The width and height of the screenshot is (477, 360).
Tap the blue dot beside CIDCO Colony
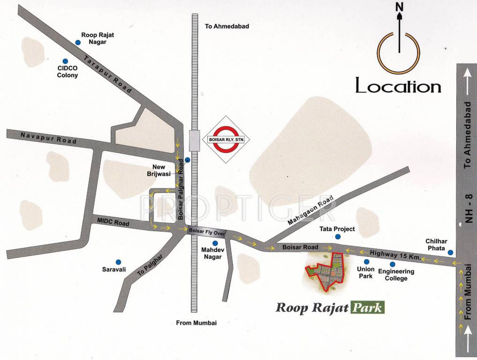click(x=66, y=61)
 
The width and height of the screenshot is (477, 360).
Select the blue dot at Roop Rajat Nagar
click(x=78, y=43)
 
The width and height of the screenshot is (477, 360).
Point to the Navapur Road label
click(x=48, y=138)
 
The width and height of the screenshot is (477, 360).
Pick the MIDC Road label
click(x=113, y=222)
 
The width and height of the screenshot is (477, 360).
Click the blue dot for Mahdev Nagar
click(x=215, y=243)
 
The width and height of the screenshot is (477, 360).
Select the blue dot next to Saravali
click(x=118, y=262)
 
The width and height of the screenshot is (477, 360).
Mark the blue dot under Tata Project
click(x=337, y=237)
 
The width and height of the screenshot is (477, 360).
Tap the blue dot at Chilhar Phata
click(x=450, y=253)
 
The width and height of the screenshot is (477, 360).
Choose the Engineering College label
click(x=396, y=275)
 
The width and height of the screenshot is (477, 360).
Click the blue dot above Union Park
click(x=366, y=261)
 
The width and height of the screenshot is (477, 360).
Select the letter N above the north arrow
click(x=399, y=7)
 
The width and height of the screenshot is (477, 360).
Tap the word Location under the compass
click(x=398, y=86)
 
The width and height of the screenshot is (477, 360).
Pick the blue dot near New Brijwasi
click(x=187, y=160)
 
